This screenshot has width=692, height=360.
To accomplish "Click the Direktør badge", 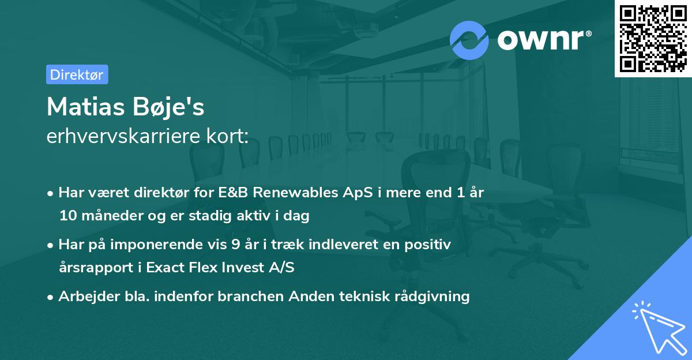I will tap(77, 74).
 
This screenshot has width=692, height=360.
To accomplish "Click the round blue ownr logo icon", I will tap(469, 40).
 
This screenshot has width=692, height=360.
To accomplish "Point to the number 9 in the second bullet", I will tap(234, 245).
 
